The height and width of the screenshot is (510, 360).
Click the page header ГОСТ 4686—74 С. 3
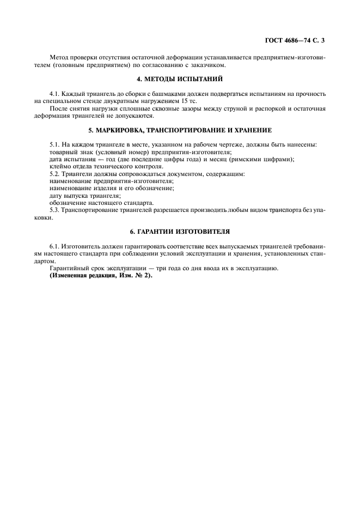coord(297,40)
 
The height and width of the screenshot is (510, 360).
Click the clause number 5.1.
coord(54,144)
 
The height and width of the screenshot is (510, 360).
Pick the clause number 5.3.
coord(54,210)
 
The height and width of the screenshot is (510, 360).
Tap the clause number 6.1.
coord(54,246)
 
